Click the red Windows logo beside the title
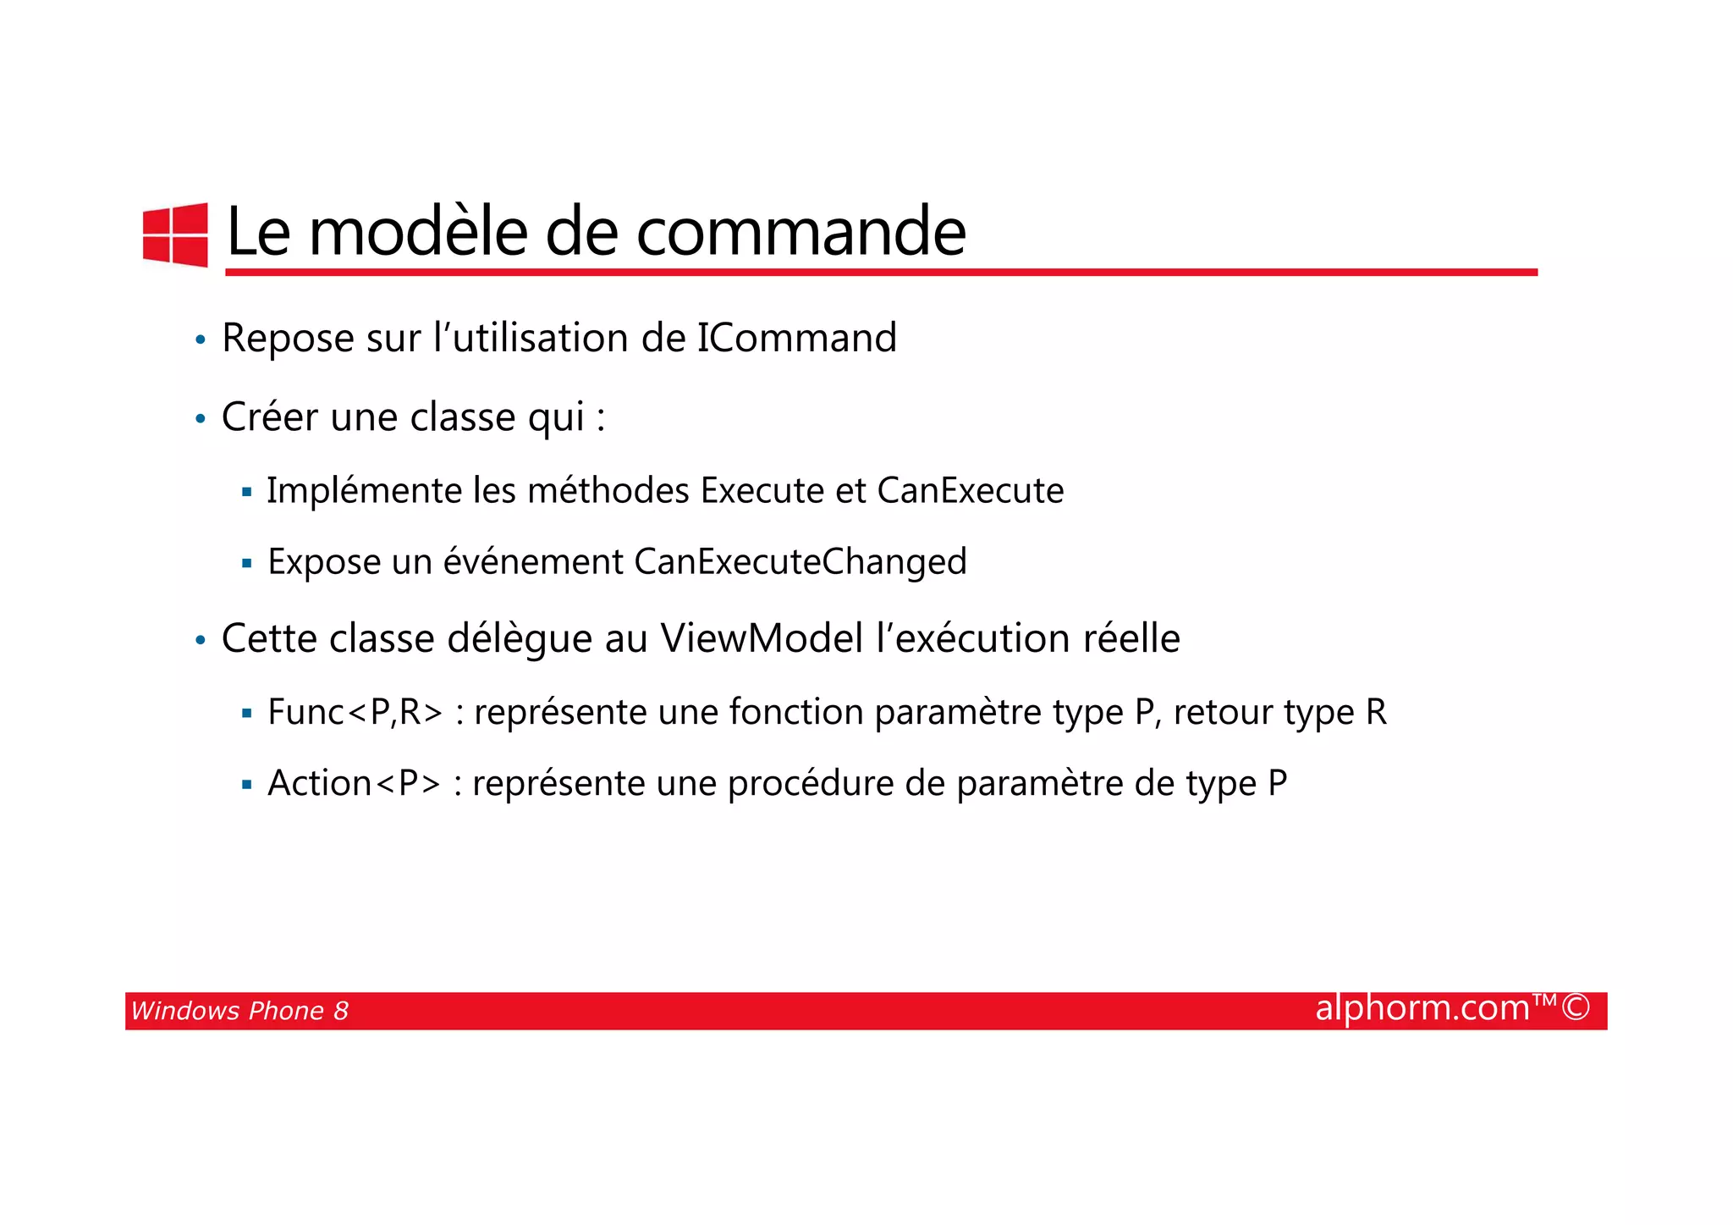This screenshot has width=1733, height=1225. [175, 235]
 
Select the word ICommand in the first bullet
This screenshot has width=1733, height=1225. [796, 338]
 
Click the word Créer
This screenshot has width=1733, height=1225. [269, 417]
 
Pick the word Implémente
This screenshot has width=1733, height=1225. [364, 491]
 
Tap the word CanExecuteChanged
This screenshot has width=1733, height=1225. [800, 562]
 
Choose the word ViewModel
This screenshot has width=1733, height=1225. [762, 638]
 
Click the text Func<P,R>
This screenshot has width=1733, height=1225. [355, 712]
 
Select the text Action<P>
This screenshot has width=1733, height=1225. [354, 783]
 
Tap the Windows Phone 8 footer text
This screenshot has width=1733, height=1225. [239, 1011]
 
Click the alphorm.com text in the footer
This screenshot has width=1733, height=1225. [1422, 1008]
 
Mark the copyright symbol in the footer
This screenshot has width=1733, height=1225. [1575, 1008]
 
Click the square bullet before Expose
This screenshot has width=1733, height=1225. [246, 563]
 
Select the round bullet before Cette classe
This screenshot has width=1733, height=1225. [200, 641]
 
